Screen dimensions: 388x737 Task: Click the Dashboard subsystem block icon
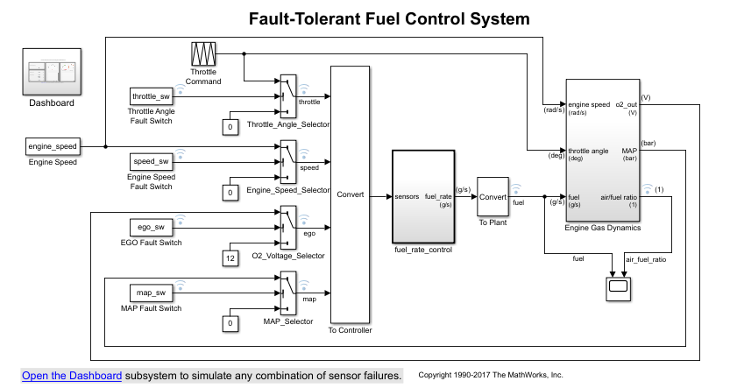(x=50, y=71)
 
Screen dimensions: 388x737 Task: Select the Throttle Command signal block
(x=203, y=53)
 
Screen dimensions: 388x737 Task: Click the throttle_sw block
(x=151, y=95)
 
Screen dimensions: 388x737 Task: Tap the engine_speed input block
(x=53, y=146)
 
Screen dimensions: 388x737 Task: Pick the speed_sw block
(x=151, y=161)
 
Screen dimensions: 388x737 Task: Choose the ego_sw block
(x=151, y=227)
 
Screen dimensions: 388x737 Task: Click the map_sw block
(x=151, y=293)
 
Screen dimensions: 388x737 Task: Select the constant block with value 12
(x=230, y=257)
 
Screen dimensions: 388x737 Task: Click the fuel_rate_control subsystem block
(x=422, y=196)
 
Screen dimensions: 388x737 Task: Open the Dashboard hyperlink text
(x=72, y=376)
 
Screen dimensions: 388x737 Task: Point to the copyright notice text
(x=490, y=375)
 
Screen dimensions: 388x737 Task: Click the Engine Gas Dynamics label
(x=603, y=228)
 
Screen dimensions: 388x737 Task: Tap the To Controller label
(x=350, y=330)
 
